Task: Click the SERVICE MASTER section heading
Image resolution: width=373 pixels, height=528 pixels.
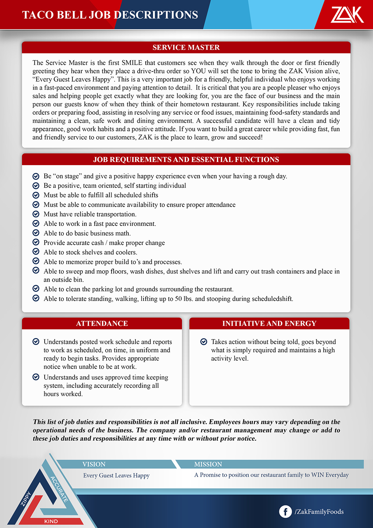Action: tap(186, 48)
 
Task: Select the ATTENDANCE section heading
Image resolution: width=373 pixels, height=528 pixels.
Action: tap(102, 323)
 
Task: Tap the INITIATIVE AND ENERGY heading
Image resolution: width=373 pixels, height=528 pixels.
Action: tap(269, 323)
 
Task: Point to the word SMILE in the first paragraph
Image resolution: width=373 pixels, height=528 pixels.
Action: tap(132, 63)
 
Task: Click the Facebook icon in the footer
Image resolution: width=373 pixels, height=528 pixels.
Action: tap(285, 511)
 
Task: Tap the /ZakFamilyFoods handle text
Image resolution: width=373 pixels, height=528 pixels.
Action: tap(319, 511)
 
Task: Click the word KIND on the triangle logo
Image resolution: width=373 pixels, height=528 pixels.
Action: tap(51, 521)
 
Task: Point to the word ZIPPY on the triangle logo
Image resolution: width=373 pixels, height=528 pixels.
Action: tap(26, 499)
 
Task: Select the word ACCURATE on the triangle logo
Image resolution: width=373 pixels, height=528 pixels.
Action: tap(59, 489)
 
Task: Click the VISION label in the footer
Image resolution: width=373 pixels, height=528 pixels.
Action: tap(94, 464)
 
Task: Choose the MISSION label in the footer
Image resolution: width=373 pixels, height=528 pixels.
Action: tap(208, 464)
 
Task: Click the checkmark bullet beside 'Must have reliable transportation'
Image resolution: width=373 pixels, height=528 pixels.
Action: tap(36, 214)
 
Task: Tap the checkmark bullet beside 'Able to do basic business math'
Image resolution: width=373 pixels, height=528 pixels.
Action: tap(36, 233)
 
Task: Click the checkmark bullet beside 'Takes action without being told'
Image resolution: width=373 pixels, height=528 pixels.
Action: tap(203, 341)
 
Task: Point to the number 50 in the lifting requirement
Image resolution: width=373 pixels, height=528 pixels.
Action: tap(178, 299)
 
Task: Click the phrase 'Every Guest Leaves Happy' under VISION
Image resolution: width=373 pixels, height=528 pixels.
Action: tap(116, 476)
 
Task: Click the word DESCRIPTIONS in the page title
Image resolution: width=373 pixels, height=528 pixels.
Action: tap(156, 15)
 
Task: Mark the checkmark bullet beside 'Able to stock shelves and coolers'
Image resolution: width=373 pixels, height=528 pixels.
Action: tap(36, 252)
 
